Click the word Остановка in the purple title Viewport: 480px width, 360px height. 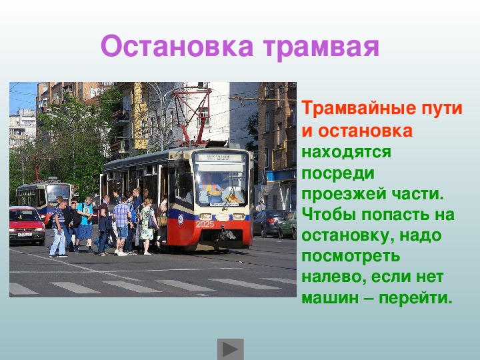pyautogui.click(x=177, y=46)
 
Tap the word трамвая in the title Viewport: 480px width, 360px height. pyautogui.click(x=321, y=47)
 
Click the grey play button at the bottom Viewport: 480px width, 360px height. pyautogui.click(x=231, y=349)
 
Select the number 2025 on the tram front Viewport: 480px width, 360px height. pyautogui.click(x=205, y=225)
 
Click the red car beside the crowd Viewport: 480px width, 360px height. pyautogui.click(x=26, y=225)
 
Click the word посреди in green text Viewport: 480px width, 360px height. pyautogui.click(x=338, y=173)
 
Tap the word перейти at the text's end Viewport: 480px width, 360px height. pyautogui.click(x=416, y=297)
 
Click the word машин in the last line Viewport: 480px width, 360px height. pyautogui.click(x=330, y=298)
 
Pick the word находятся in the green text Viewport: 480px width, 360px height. pyautogui.click(x=346, y=153)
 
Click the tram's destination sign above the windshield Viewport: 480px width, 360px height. pyautogui.click(x=219, y=157)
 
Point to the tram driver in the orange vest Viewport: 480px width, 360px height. pyautogui.click(x=210, y=185)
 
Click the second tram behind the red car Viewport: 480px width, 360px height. pyautogui.click(x=45, y=197)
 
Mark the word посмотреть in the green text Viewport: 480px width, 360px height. pyautogui.click(x=351, y=257)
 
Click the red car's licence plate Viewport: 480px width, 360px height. pyautogui.click(x=25, y=235)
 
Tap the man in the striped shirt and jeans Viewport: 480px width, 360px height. pyautogui.click(x=59, y=229)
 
